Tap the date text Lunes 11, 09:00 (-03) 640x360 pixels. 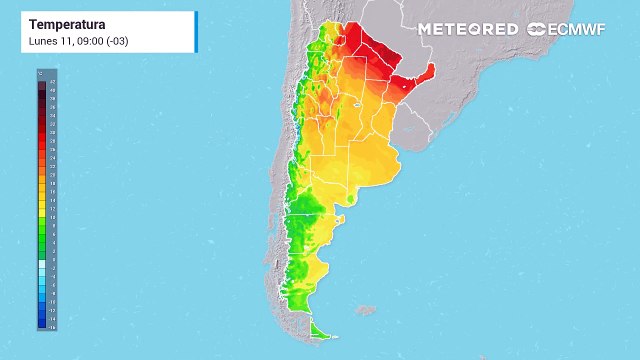[78, 39]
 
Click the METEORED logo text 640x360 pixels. [468, 29]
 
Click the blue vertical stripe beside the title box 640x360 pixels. [197, 32]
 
